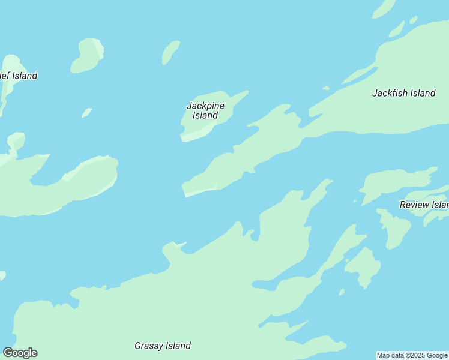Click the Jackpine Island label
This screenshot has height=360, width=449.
(x=205, y=110)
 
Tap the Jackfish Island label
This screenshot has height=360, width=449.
(x=403, y=93)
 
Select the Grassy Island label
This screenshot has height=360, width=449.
(x=162, y=346)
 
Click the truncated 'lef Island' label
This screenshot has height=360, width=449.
(x=19, y=76)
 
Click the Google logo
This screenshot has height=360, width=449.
(x=20, y=353)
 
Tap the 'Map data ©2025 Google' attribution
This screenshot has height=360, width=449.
(x=412, y=355)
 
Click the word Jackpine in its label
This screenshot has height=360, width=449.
(x=205, y=106)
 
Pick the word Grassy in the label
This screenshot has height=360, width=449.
(x=148, y=346)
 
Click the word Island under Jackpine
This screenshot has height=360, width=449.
(x=205, y=115)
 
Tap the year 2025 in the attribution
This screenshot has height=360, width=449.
(x=418, y=355)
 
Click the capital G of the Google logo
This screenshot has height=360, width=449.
(x=8, y=353)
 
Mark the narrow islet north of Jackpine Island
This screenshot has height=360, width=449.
(x=170, y=52)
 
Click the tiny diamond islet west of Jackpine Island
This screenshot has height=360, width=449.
(x=87, y=112)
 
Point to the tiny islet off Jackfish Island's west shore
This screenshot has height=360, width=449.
(x=326, y=88)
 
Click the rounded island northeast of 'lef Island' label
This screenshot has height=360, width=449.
(x=88, y=56)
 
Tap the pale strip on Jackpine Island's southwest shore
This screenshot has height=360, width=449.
(x=193, y=136)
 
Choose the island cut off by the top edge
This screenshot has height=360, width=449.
(x=384, y=8)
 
